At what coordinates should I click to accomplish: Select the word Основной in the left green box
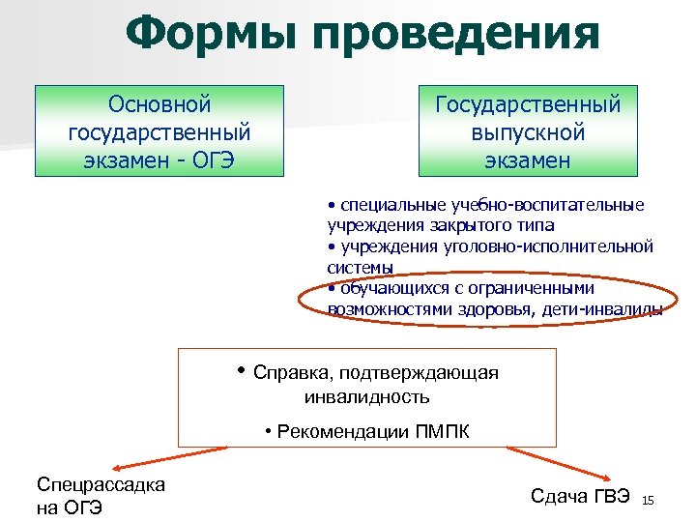tap(159, 103)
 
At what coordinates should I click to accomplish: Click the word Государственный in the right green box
tap(528, 103)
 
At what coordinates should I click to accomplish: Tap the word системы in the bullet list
tap(361, 266)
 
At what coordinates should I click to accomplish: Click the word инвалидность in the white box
tap(366, 396)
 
